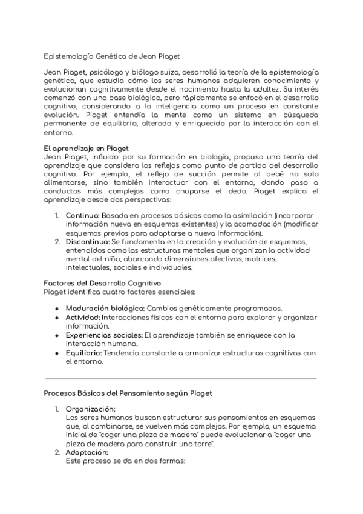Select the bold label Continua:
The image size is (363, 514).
(x=83, y=215)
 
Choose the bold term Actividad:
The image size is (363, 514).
(x=83, y=317)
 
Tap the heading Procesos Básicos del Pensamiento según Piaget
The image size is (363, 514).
(x=128, y=393)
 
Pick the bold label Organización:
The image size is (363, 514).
(x=90, y=409)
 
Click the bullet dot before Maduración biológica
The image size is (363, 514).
(x=56, y=308)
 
